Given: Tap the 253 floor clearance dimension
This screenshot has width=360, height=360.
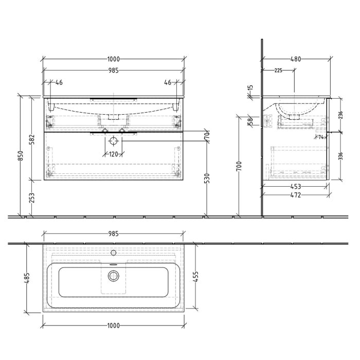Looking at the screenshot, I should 32,199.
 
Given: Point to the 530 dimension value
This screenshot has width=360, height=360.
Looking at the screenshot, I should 207,179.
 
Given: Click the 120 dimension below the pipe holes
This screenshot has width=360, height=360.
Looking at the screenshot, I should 113,154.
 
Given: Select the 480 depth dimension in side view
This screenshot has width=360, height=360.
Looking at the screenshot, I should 295,59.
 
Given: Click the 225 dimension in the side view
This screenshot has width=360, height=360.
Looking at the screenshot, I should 278,70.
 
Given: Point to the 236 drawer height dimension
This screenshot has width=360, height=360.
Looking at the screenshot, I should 340,116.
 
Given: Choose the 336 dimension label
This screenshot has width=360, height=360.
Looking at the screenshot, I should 340,156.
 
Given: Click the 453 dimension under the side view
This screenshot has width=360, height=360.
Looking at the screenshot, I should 295,187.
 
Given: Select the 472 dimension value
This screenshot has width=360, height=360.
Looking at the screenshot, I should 295,195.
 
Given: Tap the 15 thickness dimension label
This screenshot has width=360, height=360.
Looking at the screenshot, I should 250,91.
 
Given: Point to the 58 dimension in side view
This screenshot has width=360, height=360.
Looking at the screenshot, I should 250,121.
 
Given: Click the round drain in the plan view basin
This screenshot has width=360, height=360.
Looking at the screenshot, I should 113,276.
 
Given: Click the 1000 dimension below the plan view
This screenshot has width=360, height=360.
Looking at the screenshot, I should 113,326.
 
